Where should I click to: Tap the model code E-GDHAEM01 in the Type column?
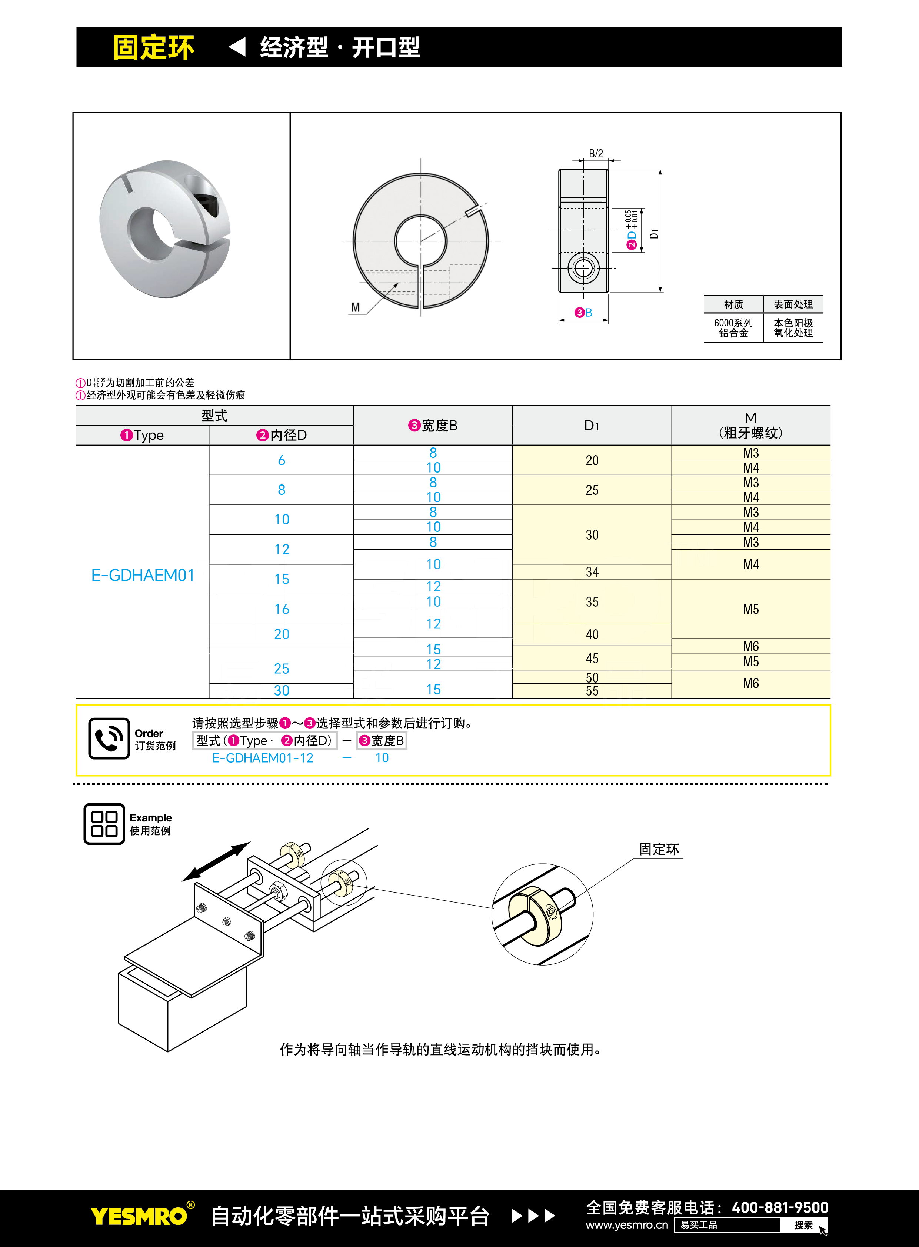(143, 575)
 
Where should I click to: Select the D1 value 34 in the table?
(592, 572)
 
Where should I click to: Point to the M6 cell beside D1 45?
(750, 646)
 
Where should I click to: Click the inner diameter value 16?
(282, 609)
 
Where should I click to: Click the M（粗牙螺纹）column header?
(750, 426)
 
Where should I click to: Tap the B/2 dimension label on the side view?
(596, 153)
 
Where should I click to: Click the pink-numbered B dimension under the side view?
(583, 313)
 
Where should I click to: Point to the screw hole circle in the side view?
(583, 269)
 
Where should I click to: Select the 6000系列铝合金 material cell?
(733, 328)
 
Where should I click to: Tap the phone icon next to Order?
(109, 738)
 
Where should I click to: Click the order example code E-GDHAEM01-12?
(263, 758)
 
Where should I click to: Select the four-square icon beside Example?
(104, 824)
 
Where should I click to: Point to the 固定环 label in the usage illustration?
(659, 849)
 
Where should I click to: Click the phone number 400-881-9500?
(780, 1207)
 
